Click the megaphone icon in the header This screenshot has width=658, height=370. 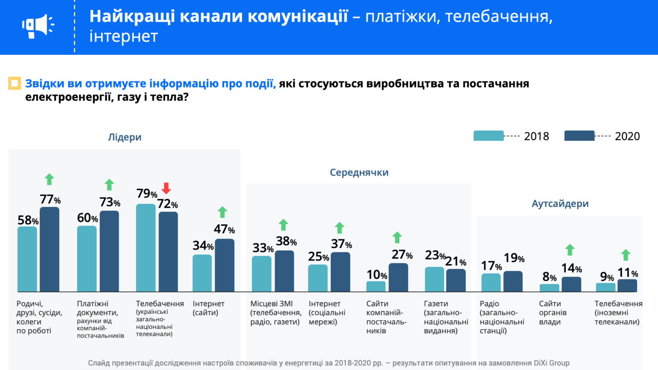(38, 26)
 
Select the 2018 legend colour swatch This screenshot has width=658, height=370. (488, 136)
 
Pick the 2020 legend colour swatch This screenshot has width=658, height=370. (579, 136)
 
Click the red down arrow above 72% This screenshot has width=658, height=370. (166, 188)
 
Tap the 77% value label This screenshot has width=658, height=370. (50, 200)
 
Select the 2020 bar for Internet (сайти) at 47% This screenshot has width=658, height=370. (224, 265)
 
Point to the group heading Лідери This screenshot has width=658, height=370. (125, 137)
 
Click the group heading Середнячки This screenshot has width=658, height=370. (359, 173)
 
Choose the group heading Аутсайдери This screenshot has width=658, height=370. (560, 204)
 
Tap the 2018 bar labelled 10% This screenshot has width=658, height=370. (376, 286)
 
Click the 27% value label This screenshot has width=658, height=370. (402, 255)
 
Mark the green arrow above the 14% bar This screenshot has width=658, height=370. (570, 250)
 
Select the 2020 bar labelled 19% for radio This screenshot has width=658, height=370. (513, 281)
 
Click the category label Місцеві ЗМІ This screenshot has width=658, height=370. (272, 304)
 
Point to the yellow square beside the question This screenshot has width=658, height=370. (15, 83)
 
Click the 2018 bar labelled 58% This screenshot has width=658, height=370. (27, 259)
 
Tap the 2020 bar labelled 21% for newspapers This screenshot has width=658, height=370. (456, 280)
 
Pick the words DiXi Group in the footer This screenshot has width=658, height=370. (551, 363)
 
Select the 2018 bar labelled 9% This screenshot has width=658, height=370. (605, 287)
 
